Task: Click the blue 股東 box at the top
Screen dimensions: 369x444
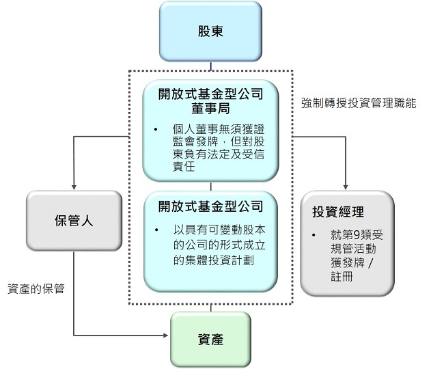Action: (210, 31)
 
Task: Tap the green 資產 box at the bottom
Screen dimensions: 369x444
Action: (210, 340)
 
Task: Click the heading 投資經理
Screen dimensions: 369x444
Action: (338, 213)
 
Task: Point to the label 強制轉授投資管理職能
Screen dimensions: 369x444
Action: (358, 103)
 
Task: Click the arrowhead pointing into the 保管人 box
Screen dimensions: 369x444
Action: (74, 187)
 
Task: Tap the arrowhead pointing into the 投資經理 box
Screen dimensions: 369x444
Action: (347, 187)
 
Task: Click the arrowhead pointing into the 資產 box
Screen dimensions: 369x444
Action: (166, 336)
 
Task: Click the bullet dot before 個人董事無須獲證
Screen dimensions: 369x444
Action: (156, 129)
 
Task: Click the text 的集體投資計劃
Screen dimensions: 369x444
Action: (210, 260)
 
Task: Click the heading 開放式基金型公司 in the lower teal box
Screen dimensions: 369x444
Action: (210, 204)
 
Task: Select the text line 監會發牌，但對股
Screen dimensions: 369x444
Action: (219, 141)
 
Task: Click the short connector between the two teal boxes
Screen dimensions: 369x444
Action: (211, 185)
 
